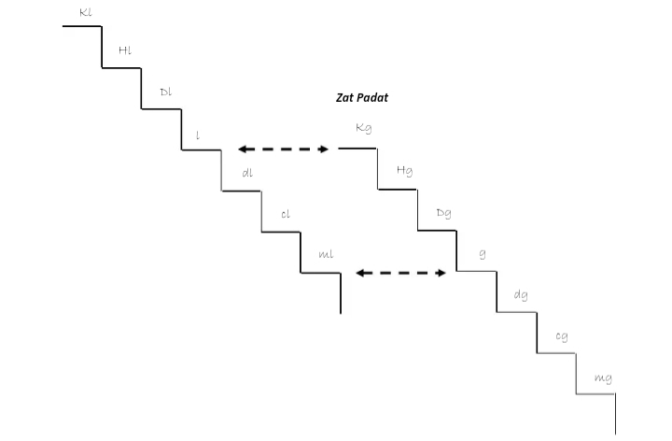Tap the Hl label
(x=125, y=50)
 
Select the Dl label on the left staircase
(x=165, y=92)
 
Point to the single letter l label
(x=197, y=135)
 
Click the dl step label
(x=246, y=173)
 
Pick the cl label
(x=286, y=214)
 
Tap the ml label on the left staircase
(x=326, y=253)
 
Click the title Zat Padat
(x=362, y=97)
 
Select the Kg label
(x=364, y=129)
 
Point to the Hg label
(x=404, y=171)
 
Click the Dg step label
(x=443, y=213)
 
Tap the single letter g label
(x=482, y=254)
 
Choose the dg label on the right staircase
(x=521, y=296)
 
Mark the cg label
(x=561, y=337)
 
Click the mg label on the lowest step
(x=602, y=378)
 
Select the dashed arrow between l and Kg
(x=284, y=149)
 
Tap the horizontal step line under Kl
(x=82, y=26)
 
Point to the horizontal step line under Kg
(x=357, y=148)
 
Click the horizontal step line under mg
(x=595, y=393)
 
